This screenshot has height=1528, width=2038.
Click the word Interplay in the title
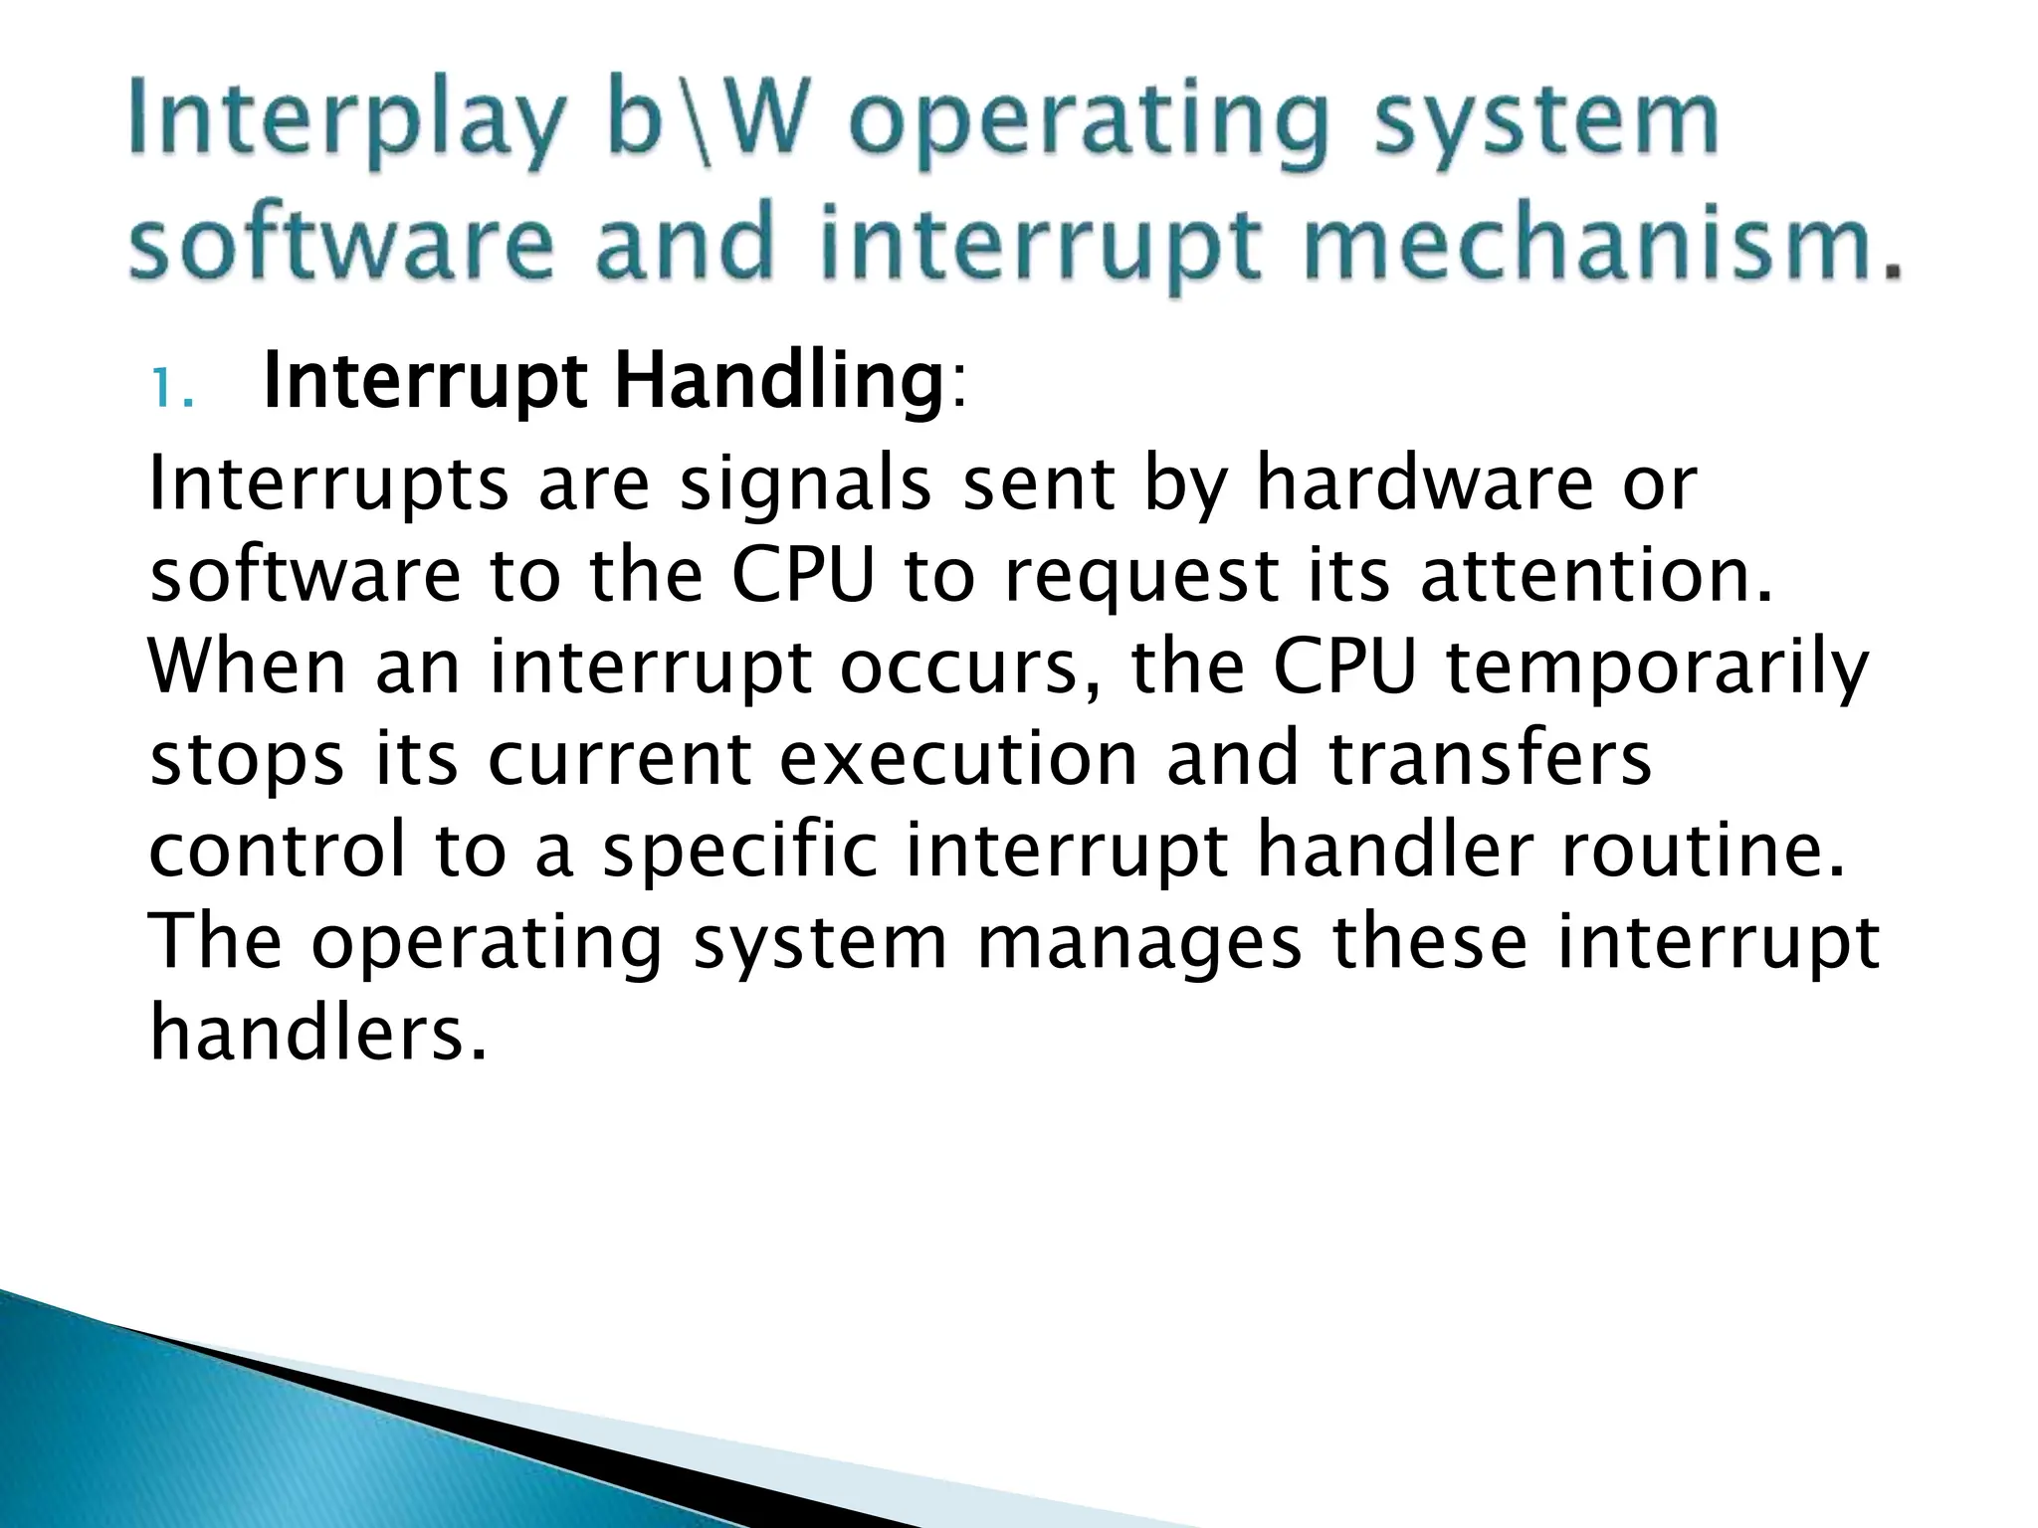coord(343,124)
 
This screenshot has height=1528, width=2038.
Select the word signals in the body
coord(806,484)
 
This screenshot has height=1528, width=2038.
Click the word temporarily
coord(1657,669)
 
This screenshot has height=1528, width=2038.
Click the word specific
coord(740,853)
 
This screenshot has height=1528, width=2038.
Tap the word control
coord(279,852)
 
